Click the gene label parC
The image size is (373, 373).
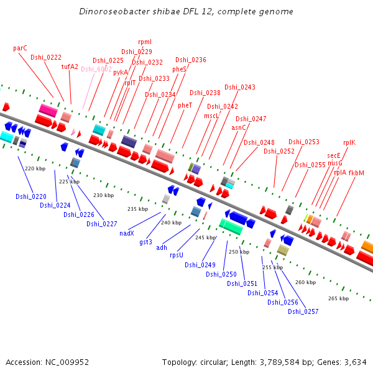(20, 48)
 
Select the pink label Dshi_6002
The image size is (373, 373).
(96, 70)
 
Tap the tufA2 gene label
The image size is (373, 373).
(70, 67)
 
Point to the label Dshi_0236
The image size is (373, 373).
(191, 60)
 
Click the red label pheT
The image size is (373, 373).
(185, 106)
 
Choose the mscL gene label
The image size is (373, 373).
(211, 116)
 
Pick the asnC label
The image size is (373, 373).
(239, 127)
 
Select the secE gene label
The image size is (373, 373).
(334, 155)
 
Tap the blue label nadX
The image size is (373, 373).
(127, 233)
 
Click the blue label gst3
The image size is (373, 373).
(146, 241)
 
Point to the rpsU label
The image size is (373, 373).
(177, 255)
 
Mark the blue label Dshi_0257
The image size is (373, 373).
(303, 311)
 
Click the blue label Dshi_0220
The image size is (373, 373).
(30, 196)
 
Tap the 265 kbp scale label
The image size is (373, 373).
(338, 298)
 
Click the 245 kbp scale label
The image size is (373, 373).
(205, 237)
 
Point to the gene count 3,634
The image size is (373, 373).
(354, 362)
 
